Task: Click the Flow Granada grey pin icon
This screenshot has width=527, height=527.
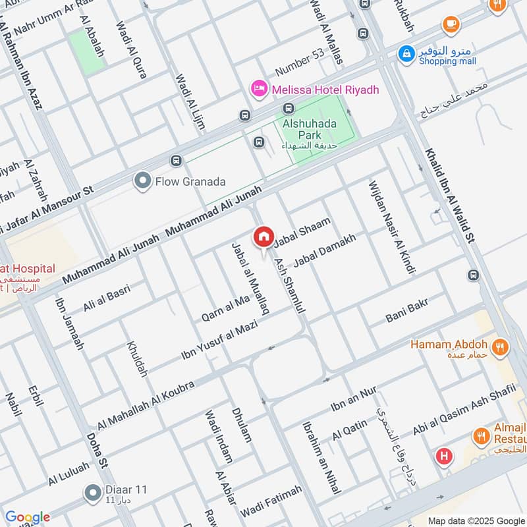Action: (142, 181)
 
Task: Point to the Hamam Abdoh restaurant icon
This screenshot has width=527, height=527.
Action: (500, 345)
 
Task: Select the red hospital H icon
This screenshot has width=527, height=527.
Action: (444, 456)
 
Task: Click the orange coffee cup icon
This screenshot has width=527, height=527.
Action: (451, 24)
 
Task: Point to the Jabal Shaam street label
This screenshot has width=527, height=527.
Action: (302, 233)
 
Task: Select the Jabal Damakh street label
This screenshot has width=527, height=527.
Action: (324, 251)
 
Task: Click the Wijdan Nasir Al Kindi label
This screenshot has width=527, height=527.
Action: (389, 226)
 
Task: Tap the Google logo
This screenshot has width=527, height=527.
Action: (27, 517)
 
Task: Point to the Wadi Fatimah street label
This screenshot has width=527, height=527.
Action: (271, 501)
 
